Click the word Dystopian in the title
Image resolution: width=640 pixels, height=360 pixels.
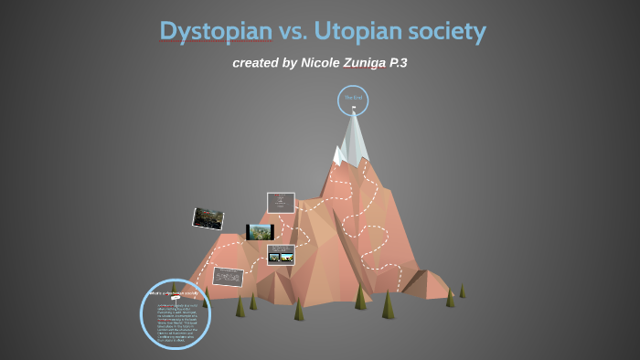216,31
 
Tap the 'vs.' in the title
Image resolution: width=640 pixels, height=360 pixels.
293,31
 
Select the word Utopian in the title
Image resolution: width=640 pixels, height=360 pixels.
356,31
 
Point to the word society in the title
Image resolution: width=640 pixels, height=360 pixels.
443,31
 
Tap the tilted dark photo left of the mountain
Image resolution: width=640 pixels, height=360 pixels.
208,217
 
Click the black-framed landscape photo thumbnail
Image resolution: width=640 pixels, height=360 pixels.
260,232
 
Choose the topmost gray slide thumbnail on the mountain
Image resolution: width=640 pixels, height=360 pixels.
281,203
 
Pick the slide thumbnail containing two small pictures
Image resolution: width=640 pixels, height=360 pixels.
281,254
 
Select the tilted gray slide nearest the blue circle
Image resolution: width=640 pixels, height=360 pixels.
228,275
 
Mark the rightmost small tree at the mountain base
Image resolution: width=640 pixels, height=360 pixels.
462,291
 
